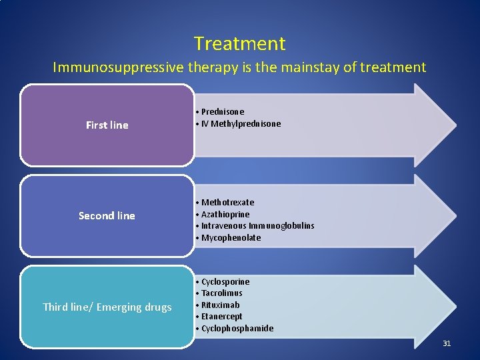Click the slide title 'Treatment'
coord(240,44)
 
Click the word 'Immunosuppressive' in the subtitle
coord(105,67)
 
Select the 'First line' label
coord(107,125)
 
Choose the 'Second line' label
coord(107,216)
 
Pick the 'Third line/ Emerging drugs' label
coord(107,307)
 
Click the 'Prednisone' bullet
coord(223,112)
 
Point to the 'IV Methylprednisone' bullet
coord(241,124)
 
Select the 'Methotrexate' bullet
coord(227,203)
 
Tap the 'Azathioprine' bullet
coord(225,215)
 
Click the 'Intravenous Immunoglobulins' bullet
coord(257,226)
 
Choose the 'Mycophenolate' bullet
coord(231,238)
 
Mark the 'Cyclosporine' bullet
coord(225,282)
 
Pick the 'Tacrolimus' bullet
coord(221,293)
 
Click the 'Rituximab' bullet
coord(220,305)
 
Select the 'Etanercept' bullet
coord(221,317)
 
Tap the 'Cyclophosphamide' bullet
coord(237,329)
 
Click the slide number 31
coord(447,343)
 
